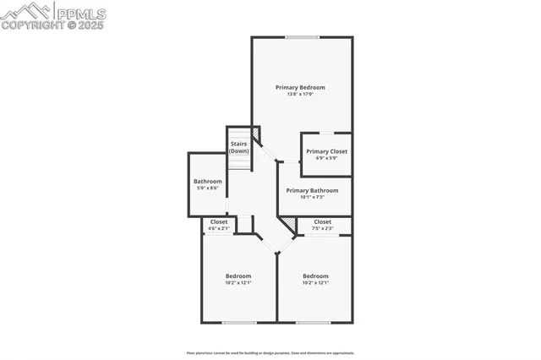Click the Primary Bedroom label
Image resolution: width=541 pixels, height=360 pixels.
tap(300, 87)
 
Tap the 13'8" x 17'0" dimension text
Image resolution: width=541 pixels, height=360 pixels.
tap(300, 94)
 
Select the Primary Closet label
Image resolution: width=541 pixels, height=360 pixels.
tap(326, 151)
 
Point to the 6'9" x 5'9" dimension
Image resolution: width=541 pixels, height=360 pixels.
tap(326, 158)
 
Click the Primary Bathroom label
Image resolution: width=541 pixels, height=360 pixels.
tap(312, 190)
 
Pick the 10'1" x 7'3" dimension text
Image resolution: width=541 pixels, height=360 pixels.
tap(312, 197)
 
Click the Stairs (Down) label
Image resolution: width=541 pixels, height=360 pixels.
tap(239, 147)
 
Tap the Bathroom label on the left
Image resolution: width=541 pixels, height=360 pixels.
tap(207, 182)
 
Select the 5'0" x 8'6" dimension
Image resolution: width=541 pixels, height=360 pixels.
tap(207, 188)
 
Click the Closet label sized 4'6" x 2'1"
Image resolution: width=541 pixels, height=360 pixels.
tap(219, 221)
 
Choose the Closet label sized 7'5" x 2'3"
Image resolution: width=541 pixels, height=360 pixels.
tap(322, 221)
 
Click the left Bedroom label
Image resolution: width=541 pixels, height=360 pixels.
tap(238, 275)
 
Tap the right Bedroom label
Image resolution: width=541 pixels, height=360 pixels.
tap(315, 275)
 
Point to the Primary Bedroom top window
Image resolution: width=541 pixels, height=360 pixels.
tap(302, 37)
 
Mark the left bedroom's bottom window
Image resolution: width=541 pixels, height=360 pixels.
tap(238, 322)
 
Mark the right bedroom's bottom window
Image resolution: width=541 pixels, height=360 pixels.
tap(314, 322)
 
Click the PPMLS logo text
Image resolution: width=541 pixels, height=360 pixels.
tap(79, 13)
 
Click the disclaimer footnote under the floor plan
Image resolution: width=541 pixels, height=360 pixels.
tap(270, 352)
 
